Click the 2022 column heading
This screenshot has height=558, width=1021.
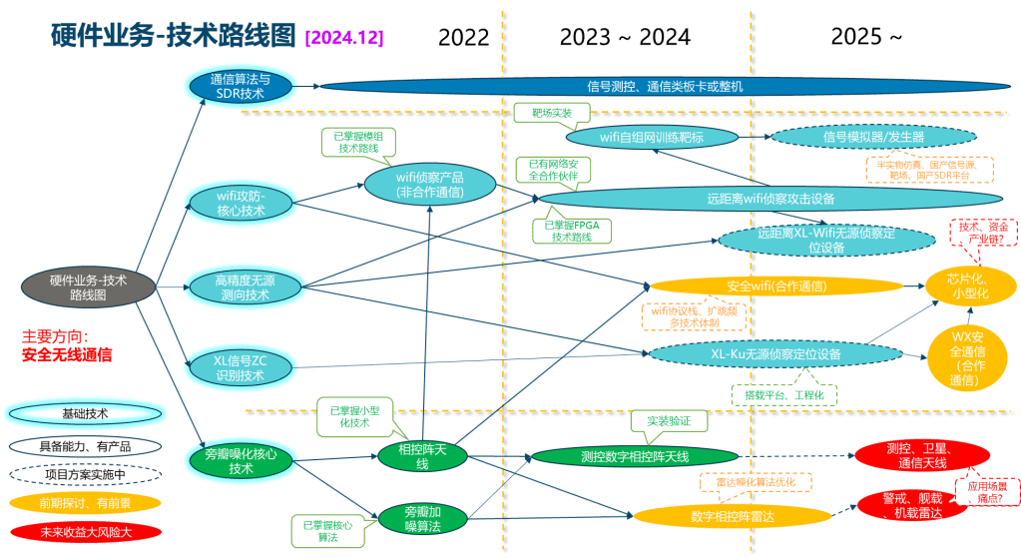pos(464,38)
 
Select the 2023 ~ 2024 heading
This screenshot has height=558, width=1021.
pos(625,38)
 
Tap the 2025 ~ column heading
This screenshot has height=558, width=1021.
pos(866,38)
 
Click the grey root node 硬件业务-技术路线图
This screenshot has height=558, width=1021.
pos(88,287)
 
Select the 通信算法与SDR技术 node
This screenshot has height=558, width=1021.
pos(240,86)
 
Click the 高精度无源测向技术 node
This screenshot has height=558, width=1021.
pos(243,287)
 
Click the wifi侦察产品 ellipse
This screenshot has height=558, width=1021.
pos(429,184)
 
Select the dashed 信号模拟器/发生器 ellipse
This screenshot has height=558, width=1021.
pos(873,136)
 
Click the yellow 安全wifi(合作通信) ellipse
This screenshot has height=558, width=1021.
pos(775,286)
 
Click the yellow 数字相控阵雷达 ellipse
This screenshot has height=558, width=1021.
pos(733,516)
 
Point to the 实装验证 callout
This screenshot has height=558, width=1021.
pos(669,422)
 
